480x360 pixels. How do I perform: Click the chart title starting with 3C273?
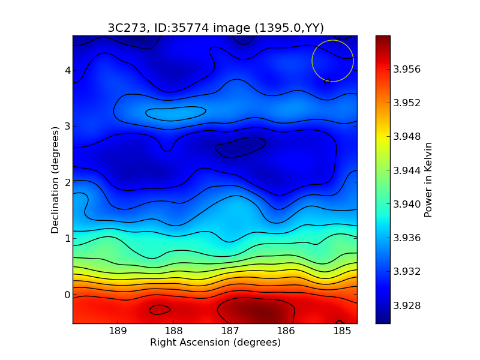tap(215, 28)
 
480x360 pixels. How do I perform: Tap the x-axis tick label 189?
tap(118, 331)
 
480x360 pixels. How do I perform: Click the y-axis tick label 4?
tap(67, 70)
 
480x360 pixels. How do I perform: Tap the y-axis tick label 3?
tap(67, 127)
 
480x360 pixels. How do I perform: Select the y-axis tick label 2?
tap(67, 182)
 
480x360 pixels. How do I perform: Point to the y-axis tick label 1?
tap(67, 238)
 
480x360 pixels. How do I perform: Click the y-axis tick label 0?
tap(67, 295)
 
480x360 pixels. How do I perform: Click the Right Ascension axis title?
tap(215, 343)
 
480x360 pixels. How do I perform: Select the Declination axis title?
tap(55, 179)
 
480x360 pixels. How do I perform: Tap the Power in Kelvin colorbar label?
tap(428, 179)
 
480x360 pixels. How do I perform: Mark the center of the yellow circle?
tap(332, 61)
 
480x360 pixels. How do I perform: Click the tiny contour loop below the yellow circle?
tap(327, 81)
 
